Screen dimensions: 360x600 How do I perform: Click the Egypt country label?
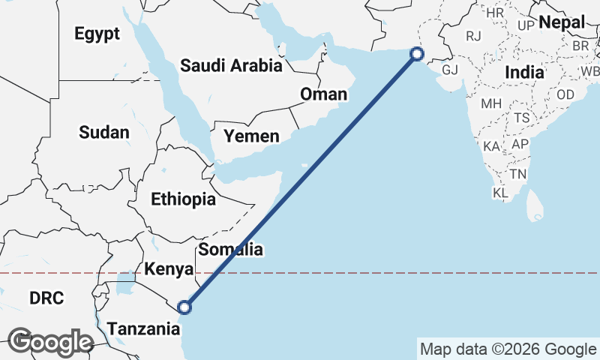pyautogui.click(x=97, y=34)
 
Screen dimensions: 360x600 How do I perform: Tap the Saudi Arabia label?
pyautogui.click(x=231, y=66)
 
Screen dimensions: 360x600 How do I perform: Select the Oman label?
pyautogui.click(x=324, y=94)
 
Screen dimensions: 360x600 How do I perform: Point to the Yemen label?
pyautogui.click(x=251, y=136)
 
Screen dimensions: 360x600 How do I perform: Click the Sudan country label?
pyautogui.click(x=104, y=133)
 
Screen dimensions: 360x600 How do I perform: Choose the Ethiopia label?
pyautogui.click(x=183, y=199)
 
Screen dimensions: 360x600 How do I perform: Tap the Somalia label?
pyautogui.click(x=230, y=249)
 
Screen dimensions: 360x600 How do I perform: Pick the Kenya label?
pyautogui.click(x=169, y=269)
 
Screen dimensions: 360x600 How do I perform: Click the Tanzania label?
pyautogui.click(x=143, y=328)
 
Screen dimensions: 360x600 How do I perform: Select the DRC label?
pyautogui.click(x=46, y=298)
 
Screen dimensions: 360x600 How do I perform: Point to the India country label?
pyautogui.click(x=524, y=73)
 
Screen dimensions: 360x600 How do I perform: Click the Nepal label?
pyautogui.click(x=562, y=22)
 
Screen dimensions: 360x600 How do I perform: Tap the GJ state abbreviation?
pyautogui.click(x=450, y=70)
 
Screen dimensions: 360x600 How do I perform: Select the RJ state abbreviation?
pyautogui.click(x=473, y=35)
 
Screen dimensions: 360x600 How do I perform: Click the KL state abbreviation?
pyautogui.click(x=500, y=193)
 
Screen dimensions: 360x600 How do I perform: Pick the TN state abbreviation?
pyautogui.click(x=517, y=174)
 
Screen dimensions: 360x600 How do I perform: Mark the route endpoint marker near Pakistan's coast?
pyautogui.click(x=417, y=53)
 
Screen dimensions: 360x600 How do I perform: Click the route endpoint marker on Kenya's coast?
pyautogui.click(x=184, y=307)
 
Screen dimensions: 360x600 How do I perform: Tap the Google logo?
pyautogui.click(x=51, y=342)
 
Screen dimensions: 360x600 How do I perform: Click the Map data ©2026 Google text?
pyautogui.click(x=508, y=349)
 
